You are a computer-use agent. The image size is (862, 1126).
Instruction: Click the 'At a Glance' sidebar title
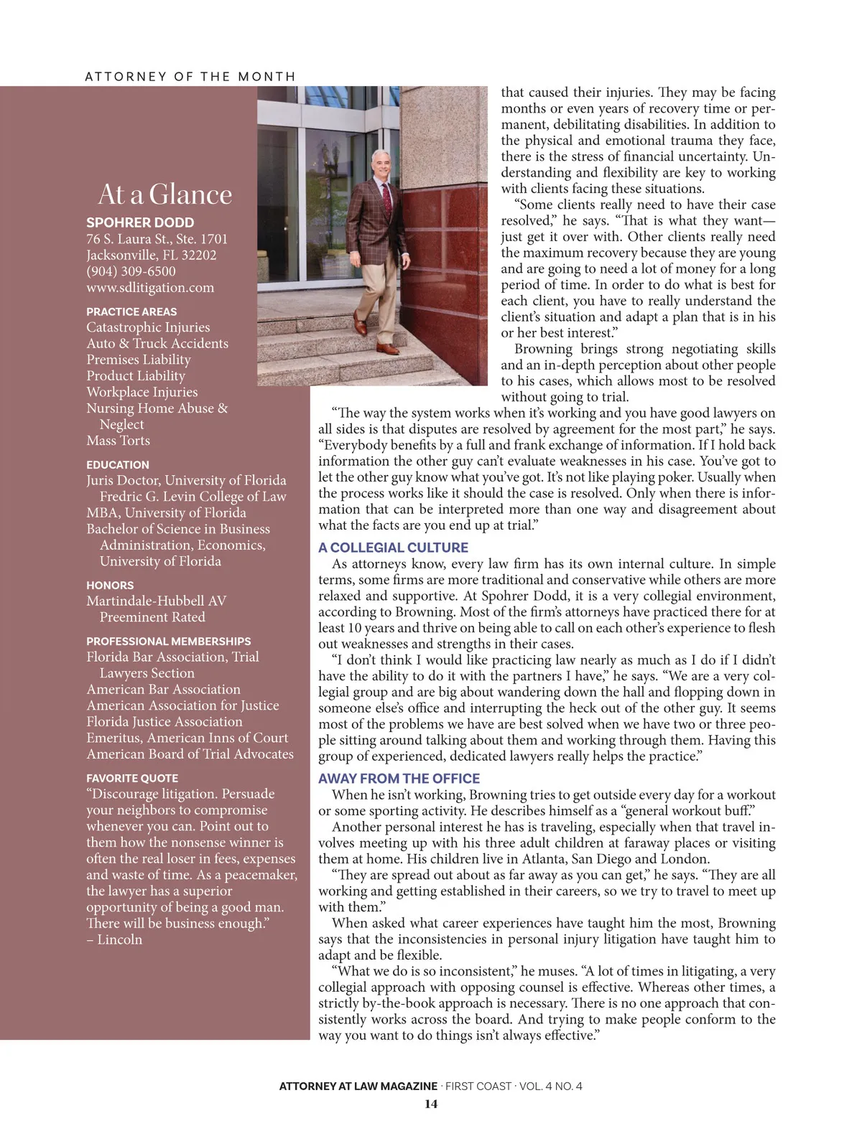[x=165, y=194]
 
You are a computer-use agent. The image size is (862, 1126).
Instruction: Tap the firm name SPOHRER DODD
[x=140, y=222]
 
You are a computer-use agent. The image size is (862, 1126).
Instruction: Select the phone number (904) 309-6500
[x=131, y=271]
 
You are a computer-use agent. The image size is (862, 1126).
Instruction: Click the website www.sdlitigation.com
[x=150, y=288]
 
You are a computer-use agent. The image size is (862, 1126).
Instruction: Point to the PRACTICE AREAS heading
[x=131, y=311]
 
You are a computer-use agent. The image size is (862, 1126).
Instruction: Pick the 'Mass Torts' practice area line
[x=119, y=441]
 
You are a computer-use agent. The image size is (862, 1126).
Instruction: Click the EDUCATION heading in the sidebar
[x=118, y=464]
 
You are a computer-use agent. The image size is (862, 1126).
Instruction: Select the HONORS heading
[x=110, y=585]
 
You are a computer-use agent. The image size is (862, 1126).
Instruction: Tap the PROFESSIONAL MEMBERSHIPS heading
[x=169, y=641]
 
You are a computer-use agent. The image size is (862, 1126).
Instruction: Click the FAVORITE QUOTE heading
[x=132, y=778]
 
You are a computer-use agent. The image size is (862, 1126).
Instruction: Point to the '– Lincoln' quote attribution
[x=115, y=939]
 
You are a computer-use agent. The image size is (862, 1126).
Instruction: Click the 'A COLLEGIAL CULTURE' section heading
[x=393, y=548]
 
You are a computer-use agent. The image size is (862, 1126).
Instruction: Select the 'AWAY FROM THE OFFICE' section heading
[x=399, y=779]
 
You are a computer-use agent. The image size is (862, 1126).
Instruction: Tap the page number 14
[x=430, y=1104]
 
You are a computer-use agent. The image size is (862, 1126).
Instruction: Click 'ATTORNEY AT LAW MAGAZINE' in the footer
[x=358, y=1086]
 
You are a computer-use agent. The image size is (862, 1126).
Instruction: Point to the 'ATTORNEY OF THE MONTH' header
[x=190, y=77]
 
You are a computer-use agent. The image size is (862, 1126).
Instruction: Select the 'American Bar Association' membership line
[x=164, y=690]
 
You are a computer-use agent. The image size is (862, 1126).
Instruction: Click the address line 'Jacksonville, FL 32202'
[x=151, y=255]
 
